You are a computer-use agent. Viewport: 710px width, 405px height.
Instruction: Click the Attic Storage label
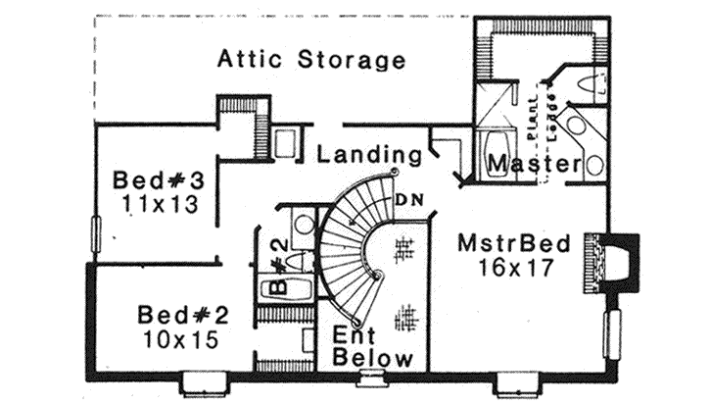(x=310, y=61)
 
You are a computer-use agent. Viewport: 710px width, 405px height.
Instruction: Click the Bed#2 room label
(x=183, y=316)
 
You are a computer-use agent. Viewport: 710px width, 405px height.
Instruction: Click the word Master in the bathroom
(x=534, y=164)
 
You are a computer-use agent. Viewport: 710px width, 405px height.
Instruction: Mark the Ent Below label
(x=372, y=346)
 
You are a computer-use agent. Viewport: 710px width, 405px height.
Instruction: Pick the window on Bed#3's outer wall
(x=95, y=236)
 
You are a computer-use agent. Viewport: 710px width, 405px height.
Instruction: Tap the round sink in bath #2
(x=305, y=224)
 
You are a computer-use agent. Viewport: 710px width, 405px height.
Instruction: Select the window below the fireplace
(x=613, y=332)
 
